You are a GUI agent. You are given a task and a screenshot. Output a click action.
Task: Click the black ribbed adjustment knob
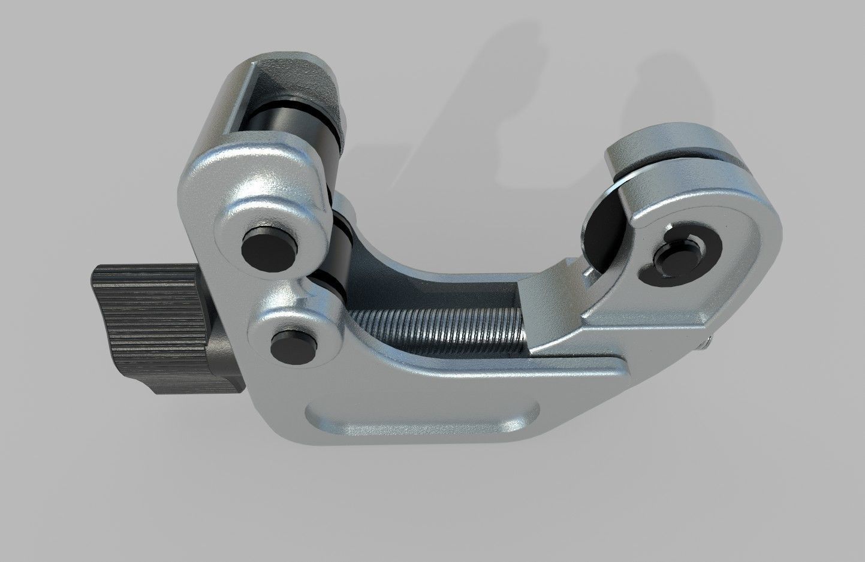click(x=144, y=330)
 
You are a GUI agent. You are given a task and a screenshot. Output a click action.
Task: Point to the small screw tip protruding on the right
click(x=707, y=345)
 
